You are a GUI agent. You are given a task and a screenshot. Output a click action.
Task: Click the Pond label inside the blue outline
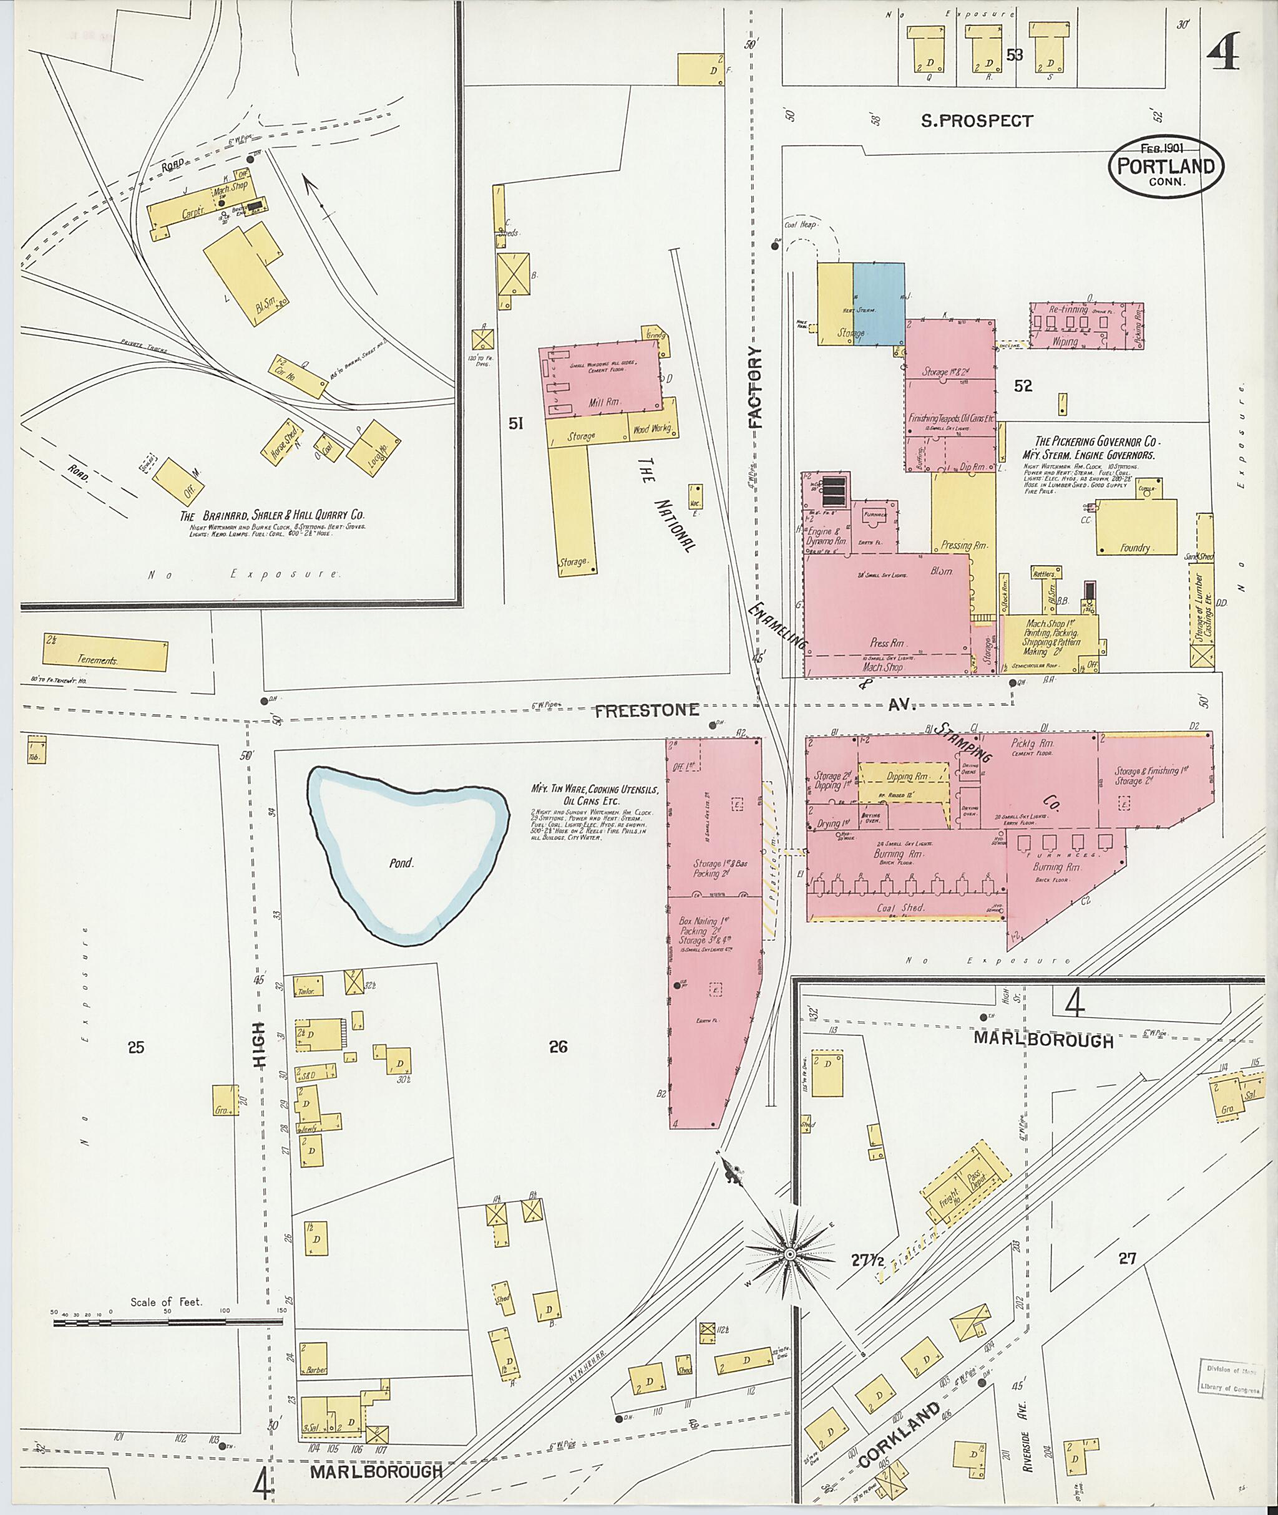(400, 863)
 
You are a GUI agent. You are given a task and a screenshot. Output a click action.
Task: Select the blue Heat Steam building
(878, 304)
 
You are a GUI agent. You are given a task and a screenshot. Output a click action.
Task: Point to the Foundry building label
(1134, 548)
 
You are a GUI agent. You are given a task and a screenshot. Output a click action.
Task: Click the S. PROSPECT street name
(977, 122)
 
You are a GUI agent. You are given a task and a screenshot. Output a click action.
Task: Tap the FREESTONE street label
(647, 710)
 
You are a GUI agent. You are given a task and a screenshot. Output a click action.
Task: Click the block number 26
(558, 1047)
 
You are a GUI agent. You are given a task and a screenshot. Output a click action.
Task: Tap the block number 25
(136, 1047)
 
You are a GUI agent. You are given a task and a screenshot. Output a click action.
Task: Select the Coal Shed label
(903, 908)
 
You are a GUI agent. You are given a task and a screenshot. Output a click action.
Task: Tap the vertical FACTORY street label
(756, 388)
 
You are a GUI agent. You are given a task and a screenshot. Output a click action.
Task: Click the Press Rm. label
(887, 643)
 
